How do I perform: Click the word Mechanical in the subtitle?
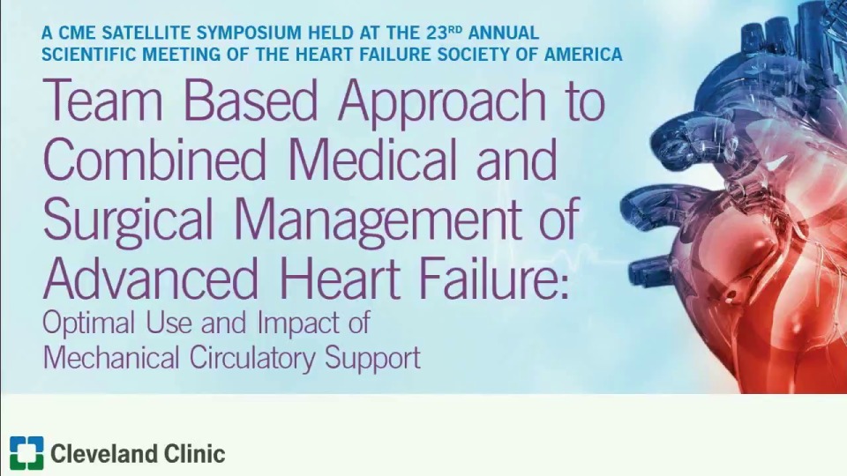108,358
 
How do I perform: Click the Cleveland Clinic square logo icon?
26,453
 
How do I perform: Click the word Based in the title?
251,102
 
